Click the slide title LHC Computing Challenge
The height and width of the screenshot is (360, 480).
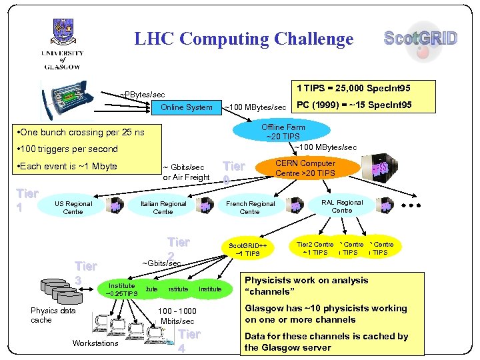243,39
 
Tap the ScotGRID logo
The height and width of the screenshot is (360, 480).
421,38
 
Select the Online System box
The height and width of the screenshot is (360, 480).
187,107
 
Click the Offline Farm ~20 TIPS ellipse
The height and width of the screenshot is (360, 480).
283,132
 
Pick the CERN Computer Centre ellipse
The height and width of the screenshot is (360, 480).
307,168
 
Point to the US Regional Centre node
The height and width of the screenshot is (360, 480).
73,207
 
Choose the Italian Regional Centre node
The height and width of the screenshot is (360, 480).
163,207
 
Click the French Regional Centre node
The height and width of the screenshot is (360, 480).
250,207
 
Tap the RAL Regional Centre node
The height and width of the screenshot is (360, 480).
341,206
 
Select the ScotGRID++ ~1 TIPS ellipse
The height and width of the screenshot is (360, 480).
247,249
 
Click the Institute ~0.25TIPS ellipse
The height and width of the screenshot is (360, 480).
121,289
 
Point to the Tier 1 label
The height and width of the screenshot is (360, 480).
27,199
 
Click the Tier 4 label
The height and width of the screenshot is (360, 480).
189,341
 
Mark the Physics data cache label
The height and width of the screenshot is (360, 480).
53,315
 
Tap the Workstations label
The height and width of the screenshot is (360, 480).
95,343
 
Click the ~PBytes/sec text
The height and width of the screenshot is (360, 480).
142,95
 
